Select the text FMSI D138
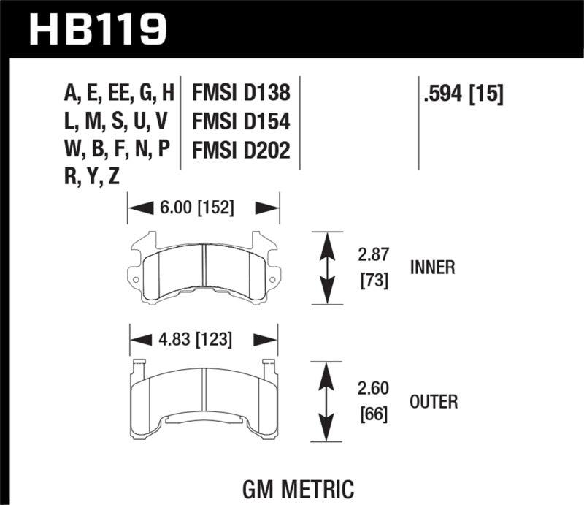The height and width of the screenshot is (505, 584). [241, 94]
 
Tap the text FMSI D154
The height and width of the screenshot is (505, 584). [241, 121]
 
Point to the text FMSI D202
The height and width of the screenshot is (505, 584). [241, 150]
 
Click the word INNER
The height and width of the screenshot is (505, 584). [433, 267]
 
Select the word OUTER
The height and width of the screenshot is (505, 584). [434, 401]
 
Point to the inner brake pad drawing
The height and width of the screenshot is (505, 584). [204, 267]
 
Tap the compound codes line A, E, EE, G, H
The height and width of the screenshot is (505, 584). [120, 94]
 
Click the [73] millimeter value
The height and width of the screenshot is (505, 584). [372, 280]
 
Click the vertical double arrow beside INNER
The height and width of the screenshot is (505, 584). [328, 268]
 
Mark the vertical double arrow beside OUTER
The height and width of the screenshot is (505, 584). [328, 402]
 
